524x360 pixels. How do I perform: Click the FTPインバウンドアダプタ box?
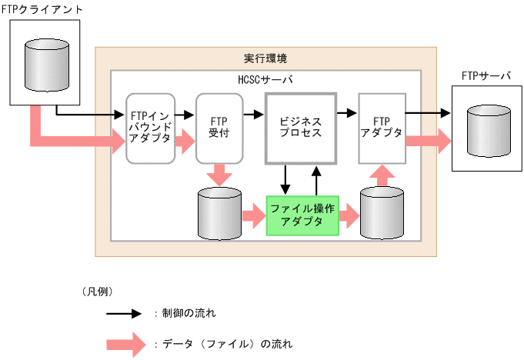click(x=151, y=128)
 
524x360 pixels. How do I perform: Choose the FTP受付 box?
click(x=219, y=128)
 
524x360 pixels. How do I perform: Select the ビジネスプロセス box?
click(x=301, y=128)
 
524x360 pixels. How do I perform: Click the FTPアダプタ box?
click(x=382, y=128)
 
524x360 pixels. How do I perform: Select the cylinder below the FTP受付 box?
click(x=219, y=215)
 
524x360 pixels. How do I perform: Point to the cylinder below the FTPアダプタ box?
click(x=382, y=215)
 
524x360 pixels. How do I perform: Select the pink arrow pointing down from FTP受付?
click(x=219, y=173)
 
